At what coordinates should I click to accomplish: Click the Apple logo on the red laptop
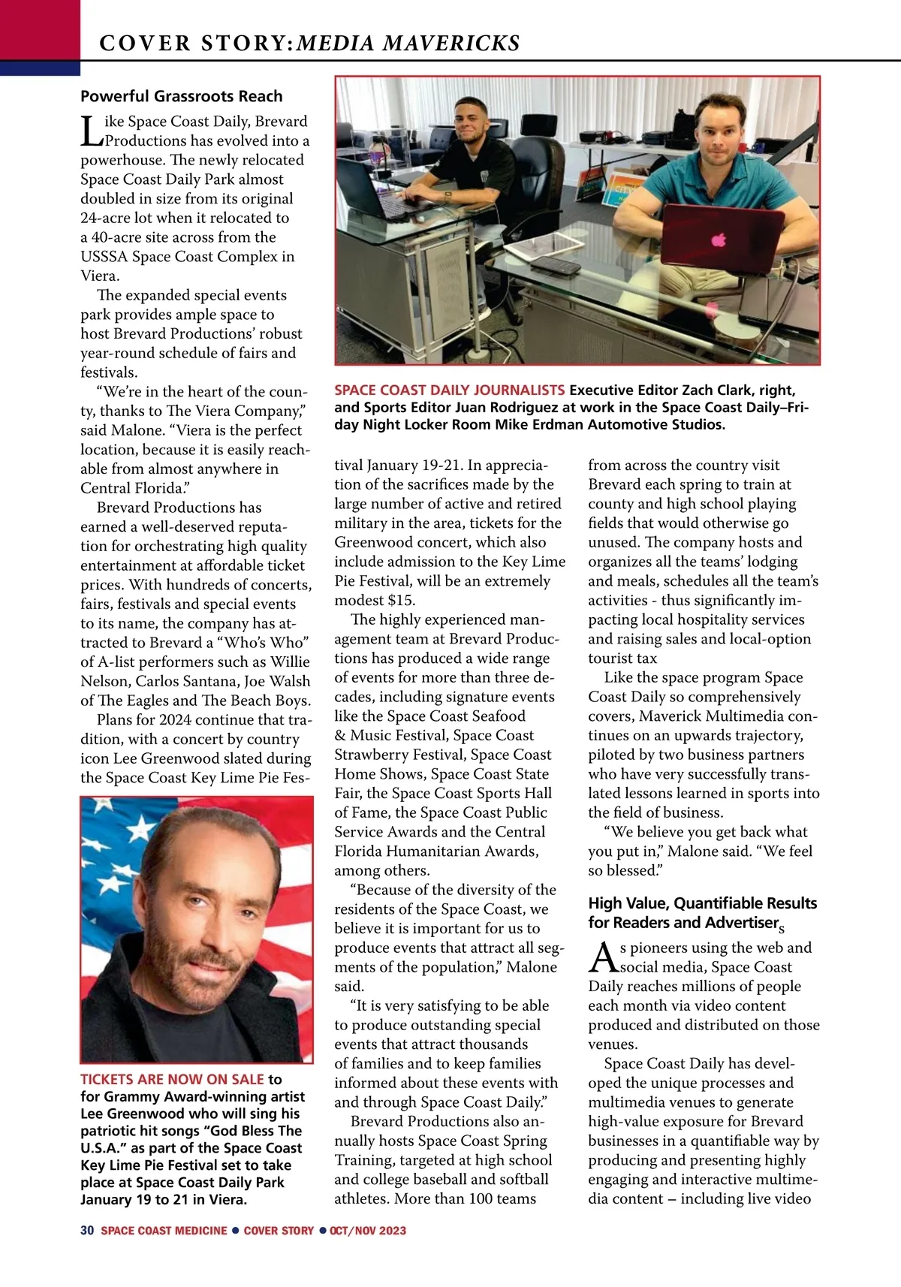pyautogui.click(x=719, y=240)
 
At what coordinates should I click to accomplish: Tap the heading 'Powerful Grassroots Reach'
pyautogui.click(x=182, y=96)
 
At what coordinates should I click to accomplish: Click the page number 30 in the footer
pyautogui.click(x=87, y=1231)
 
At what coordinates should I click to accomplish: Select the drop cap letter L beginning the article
pyautogui.click(x=91, y=130)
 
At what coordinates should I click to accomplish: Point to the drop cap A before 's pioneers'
pyautogui.click(x=603, y=957)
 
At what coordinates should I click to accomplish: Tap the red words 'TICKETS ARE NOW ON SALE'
pyautogui.click(x=172, y=1080)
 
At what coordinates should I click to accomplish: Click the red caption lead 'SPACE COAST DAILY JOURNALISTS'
pyautogui.click(x=449, y=390)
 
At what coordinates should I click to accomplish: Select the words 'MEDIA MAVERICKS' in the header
pyautogui.click(x=408, y=44)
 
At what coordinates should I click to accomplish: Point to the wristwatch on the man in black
pyautogui.click(x=448, y=197)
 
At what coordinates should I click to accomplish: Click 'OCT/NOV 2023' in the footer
pyautogui.click(x=368, y=1231)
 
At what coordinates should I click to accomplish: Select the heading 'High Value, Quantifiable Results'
pyautogui.click(x=702, y=903)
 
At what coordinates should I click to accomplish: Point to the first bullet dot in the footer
pyautogui.click(x=235, y=1231)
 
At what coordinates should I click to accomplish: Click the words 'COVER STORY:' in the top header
pyautogui.click(x=196, y=44)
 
